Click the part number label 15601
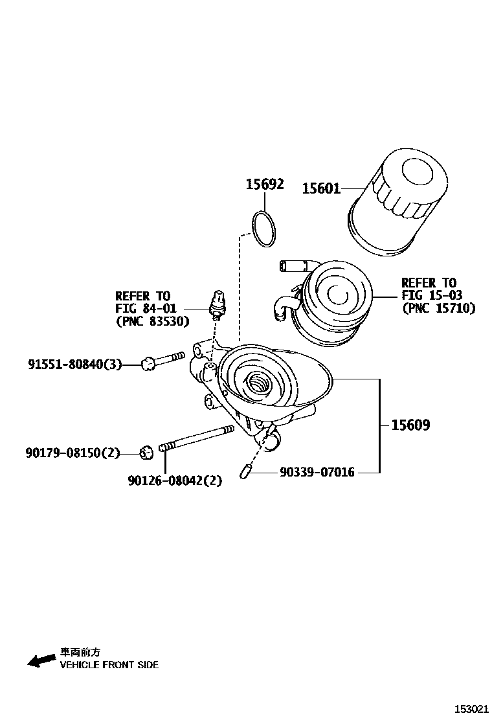(321, 188)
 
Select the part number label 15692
(264, 185)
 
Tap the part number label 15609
(410, 425)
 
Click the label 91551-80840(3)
(74, 365)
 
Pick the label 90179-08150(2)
(73, 453)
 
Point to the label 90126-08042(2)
(175, 480)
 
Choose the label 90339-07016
(317, 473)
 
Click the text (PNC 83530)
(152, 321)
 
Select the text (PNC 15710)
(438, 308)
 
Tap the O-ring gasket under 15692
(263, 229)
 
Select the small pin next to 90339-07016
(245, 473)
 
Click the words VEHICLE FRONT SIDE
(109, 665)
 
